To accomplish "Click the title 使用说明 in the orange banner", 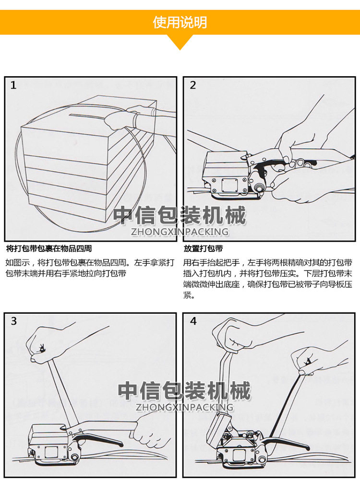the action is click(x=180, y=22).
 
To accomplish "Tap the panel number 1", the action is click(x=13, y=85).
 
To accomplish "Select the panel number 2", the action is click(x=193, y=85).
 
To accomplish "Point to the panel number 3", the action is click(x=13, y=321).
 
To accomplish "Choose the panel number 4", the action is click(x=193, y=321).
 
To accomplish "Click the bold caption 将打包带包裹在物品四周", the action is click(x=49, y=248).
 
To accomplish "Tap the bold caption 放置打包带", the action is click(x=203, y=248).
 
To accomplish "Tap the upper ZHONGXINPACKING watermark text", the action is click(x=180, y=232).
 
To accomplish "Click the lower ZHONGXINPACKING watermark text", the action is click(x=184, y=408).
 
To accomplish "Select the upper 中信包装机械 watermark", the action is click(x=180, y=216).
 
